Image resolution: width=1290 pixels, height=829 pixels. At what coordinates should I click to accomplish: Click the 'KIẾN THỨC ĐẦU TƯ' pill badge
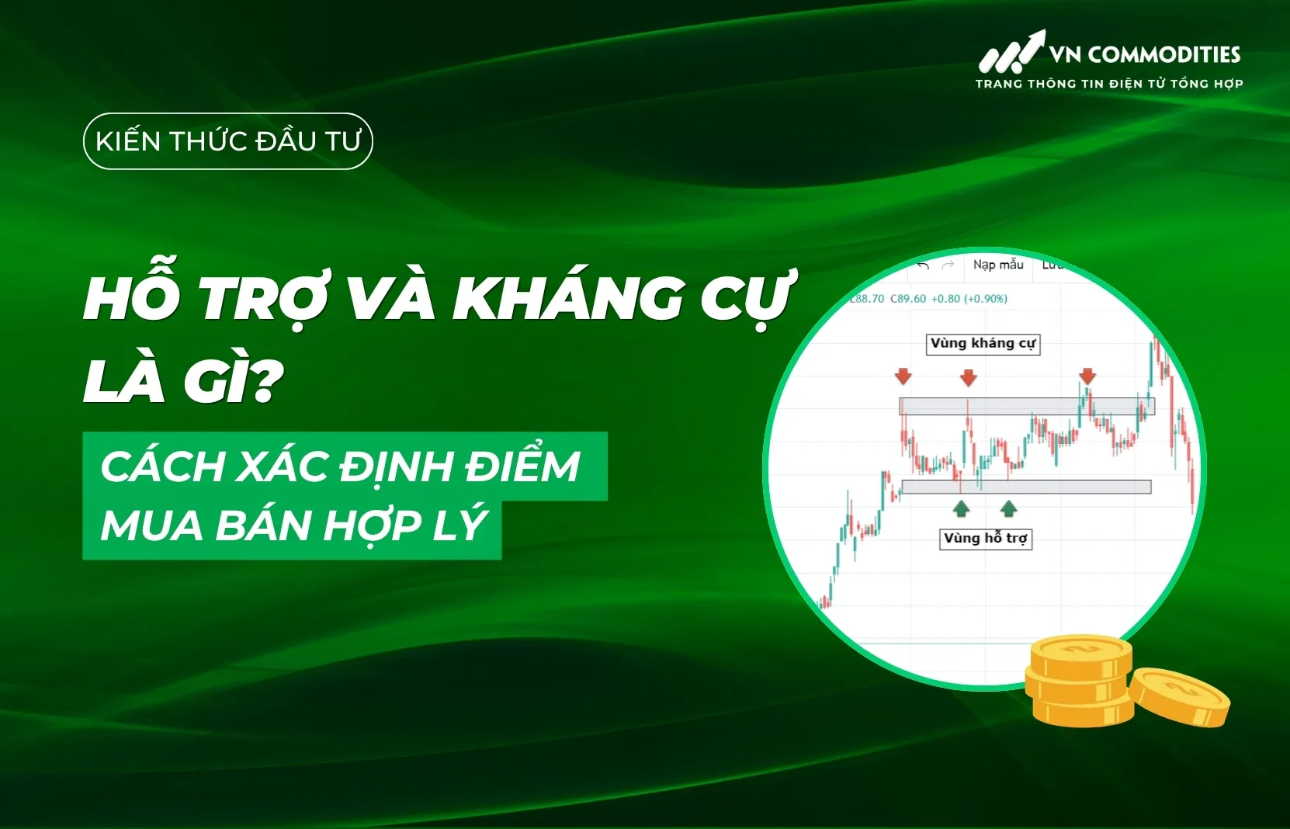tap(227, 141)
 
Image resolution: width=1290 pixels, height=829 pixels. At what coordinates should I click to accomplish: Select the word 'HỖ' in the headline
tap(132, 299)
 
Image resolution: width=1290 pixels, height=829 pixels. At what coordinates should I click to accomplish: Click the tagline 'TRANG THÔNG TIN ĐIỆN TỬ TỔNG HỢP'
tap(1109, 84)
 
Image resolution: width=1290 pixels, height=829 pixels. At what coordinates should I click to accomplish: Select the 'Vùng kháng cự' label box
tap(983, 344)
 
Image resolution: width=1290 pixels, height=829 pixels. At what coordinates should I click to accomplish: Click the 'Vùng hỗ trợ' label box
tap(985, 538)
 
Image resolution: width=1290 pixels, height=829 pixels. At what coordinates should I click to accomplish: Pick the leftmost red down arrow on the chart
tap(903, 377)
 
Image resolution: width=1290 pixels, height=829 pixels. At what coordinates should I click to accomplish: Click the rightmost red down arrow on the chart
tap(1087, 376)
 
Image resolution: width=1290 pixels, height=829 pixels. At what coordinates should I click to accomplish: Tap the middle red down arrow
tap(968, 378)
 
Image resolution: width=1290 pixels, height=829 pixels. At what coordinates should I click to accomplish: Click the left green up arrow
tap(962, 508)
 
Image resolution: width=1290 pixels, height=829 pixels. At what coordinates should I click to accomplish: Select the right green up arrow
tap(1008, 508)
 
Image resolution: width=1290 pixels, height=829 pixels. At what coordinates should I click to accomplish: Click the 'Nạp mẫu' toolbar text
tap(998, 265)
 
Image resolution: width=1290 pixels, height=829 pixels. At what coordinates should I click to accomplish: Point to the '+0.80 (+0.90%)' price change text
tap(969, 299)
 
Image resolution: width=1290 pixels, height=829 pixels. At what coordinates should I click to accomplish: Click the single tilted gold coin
tap(1178, 696)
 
